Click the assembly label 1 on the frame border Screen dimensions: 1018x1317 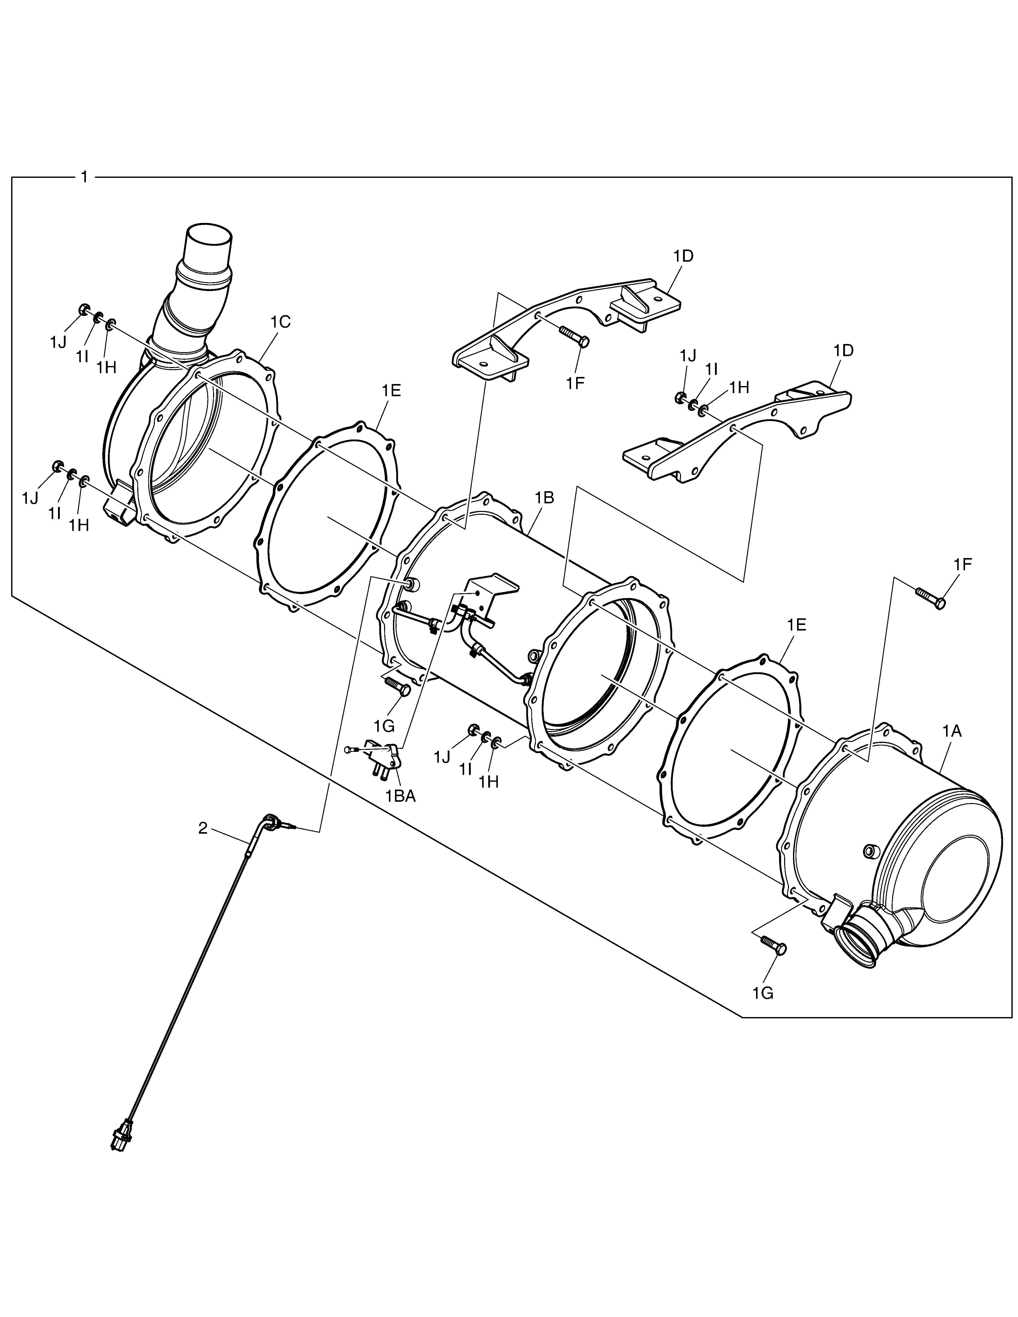[x=84, y=177]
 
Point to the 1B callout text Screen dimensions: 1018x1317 [x=544, y=498]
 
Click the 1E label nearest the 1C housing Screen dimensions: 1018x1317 [x=391, y=391]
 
